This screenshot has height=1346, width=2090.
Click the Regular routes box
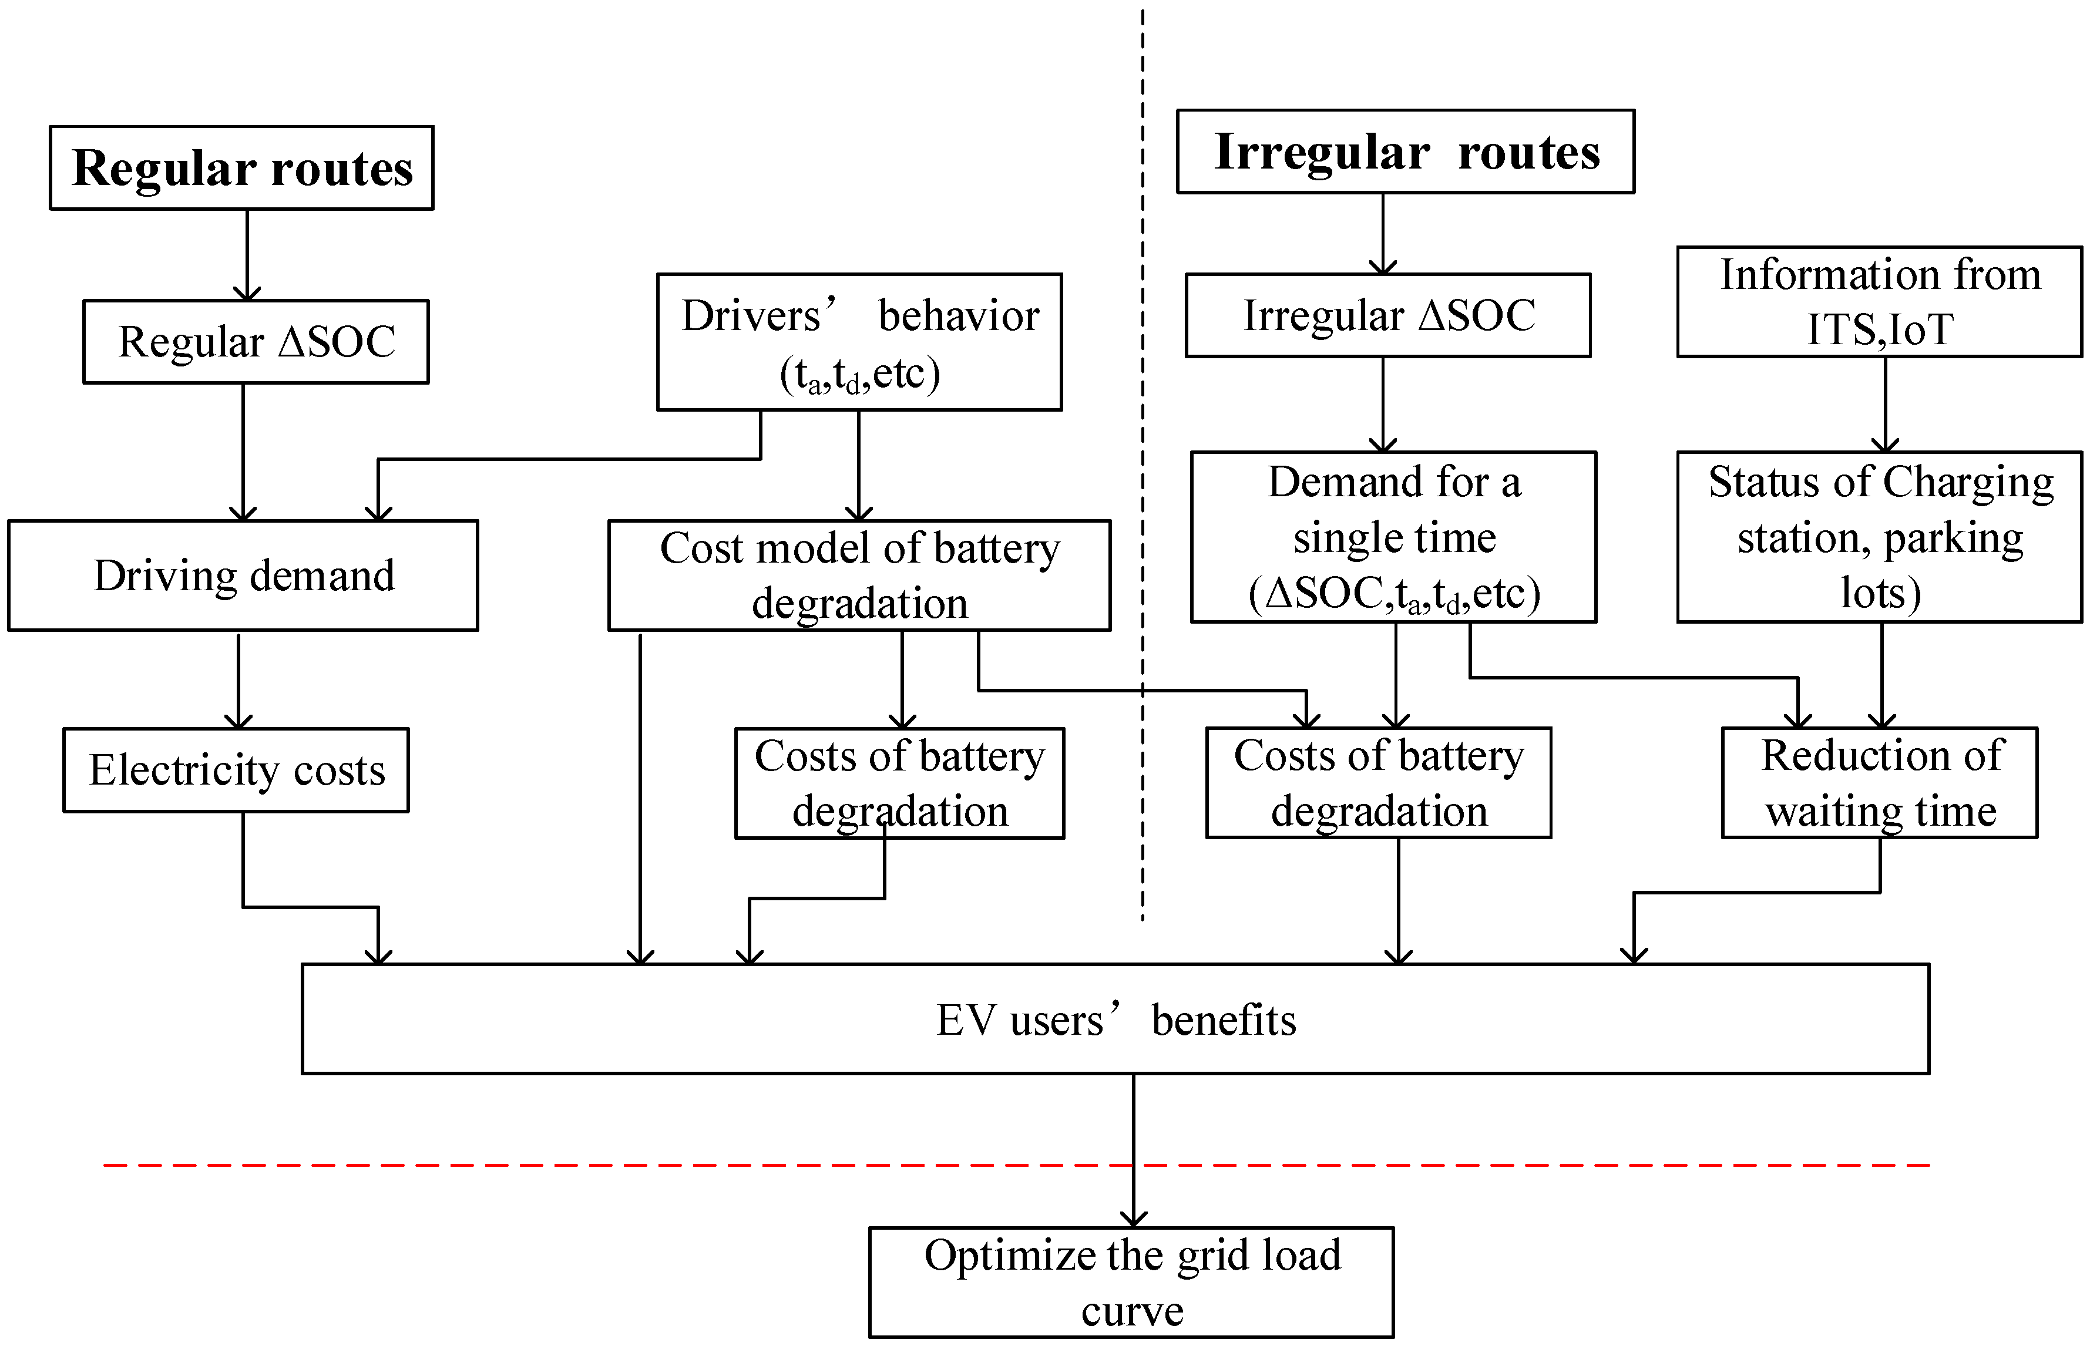(241, 168)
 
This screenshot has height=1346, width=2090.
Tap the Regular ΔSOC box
(256, 342)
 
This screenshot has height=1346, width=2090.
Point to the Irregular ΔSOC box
(1387, 315)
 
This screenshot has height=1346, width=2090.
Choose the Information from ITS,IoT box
(1879, 301)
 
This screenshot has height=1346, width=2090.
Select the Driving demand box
(243, 575)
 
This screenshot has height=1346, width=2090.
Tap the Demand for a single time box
(1393, 537)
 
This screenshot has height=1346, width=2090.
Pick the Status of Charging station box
(1879, 537)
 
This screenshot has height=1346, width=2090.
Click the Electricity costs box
(236, 770)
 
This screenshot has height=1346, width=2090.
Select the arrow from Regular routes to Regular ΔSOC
(247, 254)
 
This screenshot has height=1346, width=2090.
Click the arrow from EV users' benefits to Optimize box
(1134, 1136)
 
